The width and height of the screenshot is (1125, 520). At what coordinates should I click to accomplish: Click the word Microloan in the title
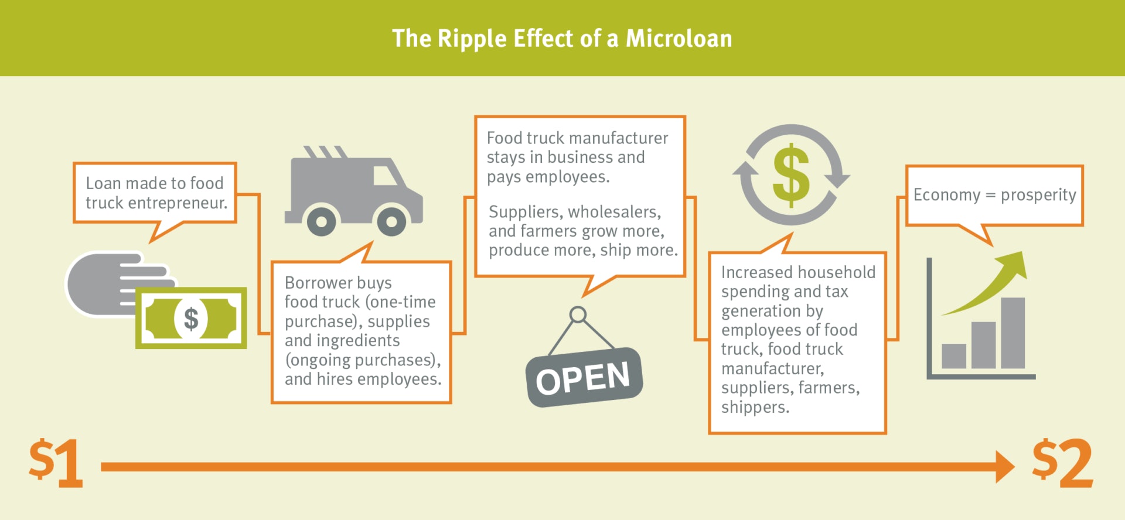pyautogui.click(x=679, y=39)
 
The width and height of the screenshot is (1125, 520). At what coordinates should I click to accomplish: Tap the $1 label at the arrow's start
pyautogui.click(x=56, y=463)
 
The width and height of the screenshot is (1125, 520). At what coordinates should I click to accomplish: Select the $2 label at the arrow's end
pyautogui.click(x=1062, y=463)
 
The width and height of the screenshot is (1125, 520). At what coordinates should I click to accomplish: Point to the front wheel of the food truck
pyautogui.click(x=391, y=221)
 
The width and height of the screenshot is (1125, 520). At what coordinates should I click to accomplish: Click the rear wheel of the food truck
pyautogui.click(x=321, y=221)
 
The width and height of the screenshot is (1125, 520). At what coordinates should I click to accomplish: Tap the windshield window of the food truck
pyautogui.click(x=385, y=175)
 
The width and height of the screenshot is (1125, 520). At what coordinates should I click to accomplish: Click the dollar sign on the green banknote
pyautogui.click(x=191, y=319)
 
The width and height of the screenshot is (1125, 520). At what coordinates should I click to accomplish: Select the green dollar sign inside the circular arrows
pyautogui.click(x=791, y=175)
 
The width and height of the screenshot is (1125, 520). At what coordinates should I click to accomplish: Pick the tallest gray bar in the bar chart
pyautogui.click(x=1012, y=333)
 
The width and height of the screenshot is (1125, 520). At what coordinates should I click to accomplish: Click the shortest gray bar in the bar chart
pyautogui.click(x=954, y=356)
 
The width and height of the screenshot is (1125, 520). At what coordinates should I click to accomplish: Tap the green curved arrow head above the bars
pyautogui.click(x=1014, y=265)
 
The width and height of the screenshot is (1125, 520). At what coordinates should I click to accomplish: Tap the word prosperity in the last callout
pyautogui.click(x=1038, y=195)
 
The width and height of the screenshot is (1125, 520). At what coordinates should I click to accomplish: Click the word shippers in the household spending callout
pyautogui.click(x=755, y=407)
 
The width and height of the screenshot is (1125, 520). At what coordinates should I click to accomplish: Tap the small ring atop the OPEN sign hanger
pyautogui.click(x=578, y=314)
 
